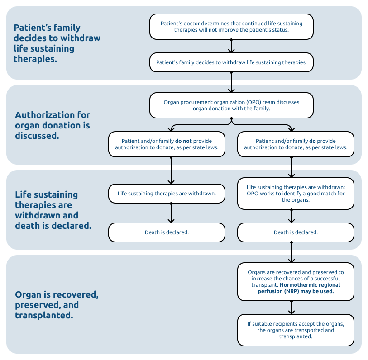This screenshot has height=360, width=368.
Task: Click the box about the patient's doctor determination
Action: coord(231,27)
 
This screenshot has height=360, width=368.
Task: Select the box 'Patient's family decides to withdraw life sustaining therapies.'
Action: coord(231,62)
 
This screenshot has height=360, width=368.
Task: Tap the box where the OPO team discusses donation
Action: coord(231,105)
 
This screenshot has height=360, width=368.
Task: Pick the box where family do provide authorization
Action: coord(296,144)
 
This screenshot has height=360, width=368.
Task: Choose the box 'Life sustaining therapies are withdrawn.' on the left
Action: coord(167,194)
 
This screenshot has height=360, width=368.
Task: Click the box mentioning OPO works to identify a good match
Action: coord(296,194)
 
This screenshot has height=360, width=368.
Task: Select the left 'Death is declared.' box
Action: coord(167,232)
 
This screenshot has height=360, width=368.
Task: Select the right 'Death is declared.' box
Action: coord(296,232)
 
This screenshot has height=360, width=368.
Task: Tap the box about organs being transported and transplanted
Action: coord(296,330)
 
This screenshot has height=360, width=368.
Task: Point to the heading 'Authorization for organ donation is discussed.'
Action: coord(53,125)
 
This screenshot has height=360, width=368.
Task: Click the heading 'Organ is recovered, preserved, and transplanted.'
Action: coord(57,305)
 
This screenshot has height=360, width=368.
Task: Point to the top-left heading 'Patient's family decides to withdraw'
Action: coord(57,43)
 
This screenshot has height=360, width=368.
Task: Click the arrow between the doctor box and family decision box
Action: coord(231,46)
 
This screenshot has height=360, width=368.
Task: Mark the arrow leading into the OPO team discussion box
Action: coord(231,82)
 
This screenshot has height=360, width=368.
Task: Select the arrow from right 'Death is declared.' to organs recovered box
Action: coord(292,252)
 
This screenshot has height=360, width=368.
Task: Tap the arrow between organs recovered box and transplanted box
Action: coord(292,308)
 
